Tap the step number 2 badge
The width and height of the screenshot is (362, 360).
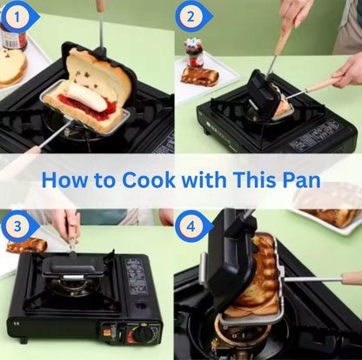tap(191, 17)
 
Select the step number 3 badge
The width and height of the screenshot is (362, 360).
tap(17, 226)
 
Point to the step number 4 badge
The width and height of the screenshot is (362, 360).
tap(191, 226)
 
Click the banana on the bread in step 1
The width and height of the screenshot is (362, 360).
tap(87, 97)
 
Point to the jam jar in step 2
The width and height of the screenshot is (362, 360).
tap(194, 52)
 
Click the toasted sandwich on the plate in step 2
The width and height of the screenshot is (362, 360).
tap(199, 76)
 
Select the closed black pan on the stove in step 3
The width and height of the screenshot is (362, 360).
tap(73, 267)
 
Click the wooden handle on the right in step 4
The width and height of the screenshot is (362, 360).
tap(352, 279)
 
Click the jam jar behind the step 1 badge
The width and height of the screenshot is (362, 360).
tap(15, 37)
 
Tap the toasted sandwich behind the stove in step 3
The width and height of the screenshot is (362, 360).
tap(27, 245)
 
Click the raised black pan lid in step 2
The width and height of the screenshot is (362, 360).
tap(261, 93)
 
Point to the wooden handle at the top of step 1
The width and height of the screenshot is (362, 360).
tap(101, 6)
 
